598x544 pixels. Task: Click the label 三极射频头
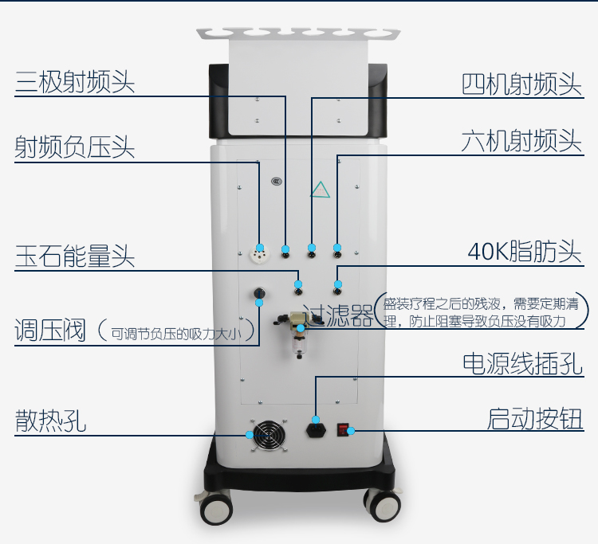pyautogui.click(x=75, y=81)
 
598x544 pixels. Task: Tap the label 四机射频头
pyautogui.click(x=521, y=84)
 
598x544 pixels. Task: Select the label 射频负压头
pyautogui.click(x=75, y=147)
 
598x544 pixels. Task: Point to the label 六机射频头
pyautogui.click(x=521, y=141)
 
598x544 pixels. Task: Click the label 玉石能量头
pyautogui.click(x=75, y=255)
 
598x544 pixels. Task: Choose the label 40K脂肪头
pyautogui.click(x=525, y=252)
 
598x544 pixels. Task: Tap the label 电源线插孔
pyautogui.click(x=522, y=363)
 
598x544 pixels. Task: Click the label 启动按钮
pyautogui.click(x=535, y=419)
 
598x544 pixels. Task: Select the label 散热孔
pyautogui.click(x=50, y=421)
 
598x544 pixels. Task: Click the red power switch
pyautogui.click(x=343, y=430)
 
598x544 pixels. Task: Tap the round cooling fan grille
pyautogui.click(x=269, y=436)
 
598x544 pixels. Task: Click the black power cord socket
pyautogui.click(x=317, y=430)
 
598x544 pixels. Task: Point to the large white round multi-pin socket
pyautogui.click(x=259, y=254)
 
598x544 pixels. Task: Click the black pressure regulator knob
pyautogui.click(x=259, y=294)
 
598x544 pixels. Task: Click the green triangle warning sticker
pyautogui.click(x=321, y=190)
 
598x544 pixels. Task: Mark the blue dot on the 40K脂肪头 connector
pyautogui.click(x=338, y=284)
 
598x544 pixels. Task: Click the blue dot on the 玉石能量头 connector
pyautogui.click(x=298, y=284)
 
